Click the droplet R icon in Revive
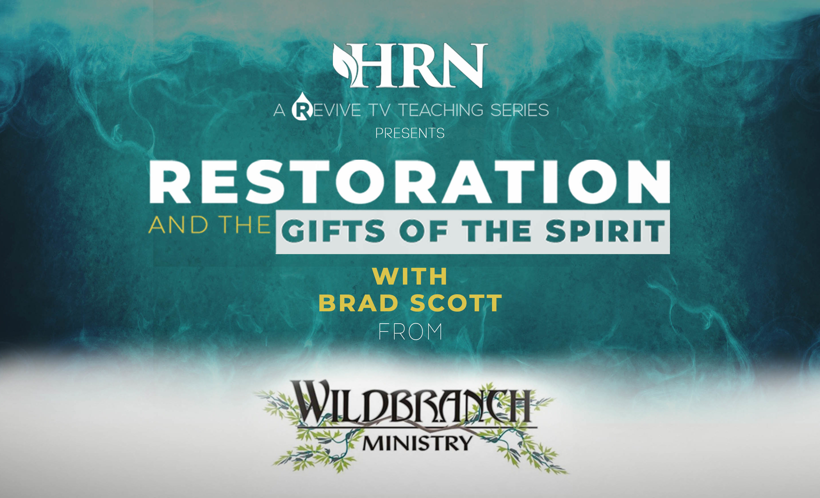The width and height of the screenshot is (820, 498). pos(302,107)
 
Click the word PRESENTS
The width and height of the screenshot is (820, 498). pos(410,133)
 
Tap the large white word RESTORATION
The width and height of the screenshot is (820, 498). pos(410,182)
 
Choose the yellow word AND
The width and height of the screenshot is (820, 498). pos(178,225)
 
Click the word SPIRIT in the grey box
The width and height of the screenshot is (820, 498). pos(605,231)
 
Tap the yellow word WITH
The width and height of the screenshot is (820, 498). pos(410,276)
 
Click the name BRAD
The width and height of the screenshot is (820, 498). pos(358,303)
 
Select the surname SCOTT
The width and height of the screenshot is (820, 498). pos(456,303)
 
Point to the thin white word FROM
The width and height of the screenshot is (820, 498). pos(410,331)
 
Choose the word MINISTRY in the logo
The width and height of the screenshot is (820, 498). pos(417,443)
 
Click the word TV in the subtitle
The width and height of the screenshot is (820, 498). pos(379,110)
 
